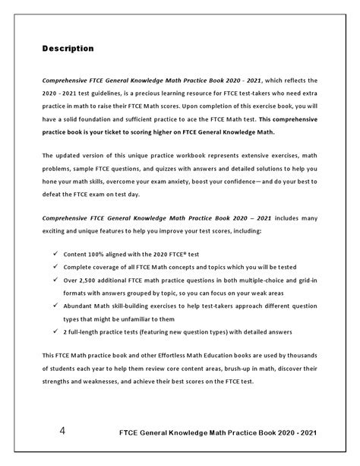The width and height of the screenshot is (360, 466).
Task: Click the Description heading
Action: [x=68, y=49]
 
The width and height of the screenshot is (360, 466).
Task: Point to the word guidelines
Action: [x=99, y=93]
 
